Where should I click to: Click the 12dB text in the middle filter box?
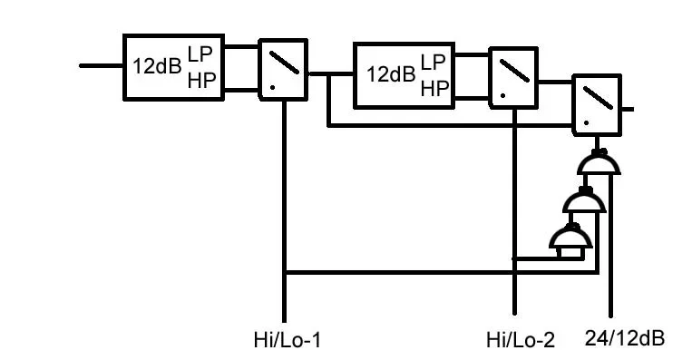coord(391,73)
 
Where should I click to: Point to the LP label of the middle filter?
coord(434,61)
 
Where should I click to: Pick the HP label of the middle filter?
coord(434,87)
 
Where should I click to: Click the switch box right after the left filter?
coord(283,67)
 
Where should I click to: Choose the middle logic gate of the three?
coord(584,202)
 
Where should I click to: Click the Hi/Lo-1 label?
coord(288,341)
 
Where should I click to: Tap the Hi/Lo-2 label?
coord(520,341)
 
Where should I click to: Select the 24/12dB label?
coord(626,338)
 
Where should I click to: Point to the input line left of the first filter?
coord(101,66)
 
